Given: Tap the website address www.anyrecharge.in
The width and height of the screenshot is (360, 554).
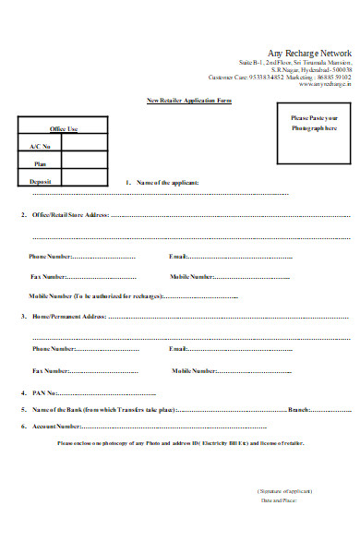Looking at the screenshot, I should click(x=325, y=84).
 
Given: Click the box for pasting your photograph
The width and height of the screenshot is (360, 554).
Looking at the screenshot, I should click(x=314, y=133).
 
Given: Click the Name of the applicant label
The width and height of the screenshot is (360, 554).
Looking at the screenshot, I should click(x=167, y=183).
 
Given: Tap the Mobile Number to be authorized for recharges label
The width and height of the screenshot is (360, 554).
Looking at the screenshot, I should click(x=96, y=295).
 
